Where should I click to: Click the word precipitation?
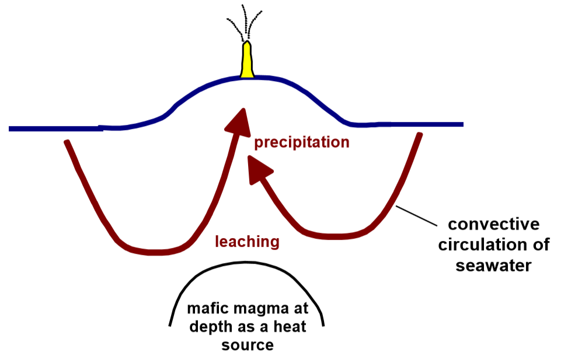point(301,142)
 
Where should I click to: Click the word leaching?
point(247,241)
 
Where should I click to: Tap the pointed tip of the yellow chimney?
point(248,43)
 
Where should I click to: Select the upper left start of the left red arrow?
point(68,142)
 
